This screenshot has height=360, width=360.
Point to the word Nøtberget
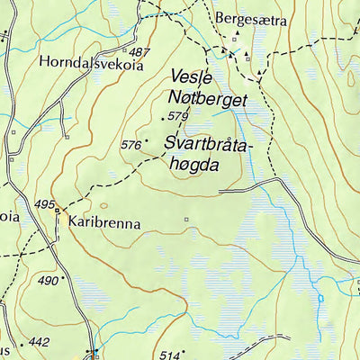206,99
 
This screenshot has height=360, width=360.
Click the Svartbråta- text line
210,144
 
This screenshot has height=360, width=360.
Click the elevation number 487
139,53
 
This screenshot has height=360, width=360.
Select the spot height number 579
178,117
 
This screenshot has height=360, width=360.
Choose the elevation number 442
39,342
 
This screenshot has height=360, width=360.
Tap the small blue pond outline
319,296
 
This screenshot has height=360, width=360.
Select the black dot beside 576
147,141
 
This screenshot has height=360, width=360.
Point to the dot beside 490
65,279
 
